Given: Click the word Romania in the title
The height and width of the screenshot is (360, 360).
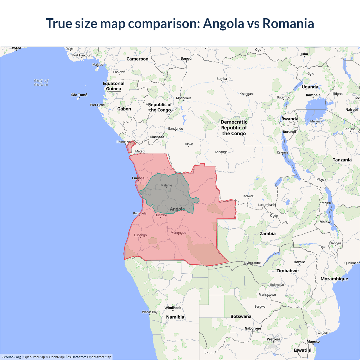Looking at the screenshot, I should (x=288, y=23).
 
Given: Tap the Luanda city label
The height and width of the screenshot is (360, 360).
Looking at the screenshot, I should (x=138, y=178).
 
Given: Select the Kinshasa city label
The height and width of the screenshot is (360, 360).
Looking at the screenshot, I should (x=157, y=137).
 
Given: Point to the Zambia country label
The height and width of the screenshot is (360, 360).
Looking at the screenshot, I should (x=267, y=233).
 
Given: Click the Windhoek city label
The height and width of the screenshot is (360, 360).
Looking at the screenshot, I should (x=173, y=308).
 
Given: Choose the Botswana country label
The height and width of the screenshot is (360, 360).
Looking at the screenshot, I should (x=241, y=316).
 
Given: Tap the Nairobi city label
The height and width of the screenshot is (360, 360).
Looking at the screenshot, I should (x=351, y=110).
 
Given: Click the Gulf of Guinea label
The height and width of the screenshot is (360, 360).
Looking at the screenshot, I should (x=41, y=82).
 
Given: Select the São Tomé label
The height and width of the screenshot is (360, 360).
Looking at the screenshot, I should (x=79, y=95).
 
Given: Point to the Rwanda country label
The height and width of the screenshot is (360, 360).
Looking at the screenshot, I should (x=290, y=119).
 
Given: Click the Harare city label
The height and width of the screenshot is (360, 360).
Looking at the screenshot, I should (x=299, y=262).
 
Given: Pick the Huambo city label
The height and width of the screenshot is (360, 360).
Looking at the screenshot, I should (x=161, y=215).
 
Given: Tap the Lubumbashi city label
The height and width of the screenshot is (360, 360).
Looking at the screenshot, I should (x=267, y=205).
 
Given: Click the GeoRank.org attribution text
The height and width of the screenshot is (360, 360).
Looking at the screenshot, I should (x=11, y=357).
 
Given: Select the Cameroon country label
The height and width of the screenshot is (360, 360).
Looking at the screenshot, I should (x=137, y=59).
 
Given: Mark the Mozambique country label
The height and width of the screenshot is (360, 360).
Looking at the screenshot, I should (x=334, y=279).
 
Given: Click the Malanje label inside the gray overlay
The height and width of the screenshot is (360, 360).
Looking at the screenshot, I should (x=166, y=185).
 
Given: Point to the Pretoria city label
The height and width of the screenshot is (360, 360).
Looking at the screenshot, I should (x=273, y=339).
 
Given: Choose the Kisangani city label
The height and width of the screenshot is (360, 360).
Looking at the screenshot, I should (x=246, y=94).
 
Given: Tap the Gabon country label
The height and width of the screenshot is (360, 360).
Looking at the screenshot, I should (x=124, y=109).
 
